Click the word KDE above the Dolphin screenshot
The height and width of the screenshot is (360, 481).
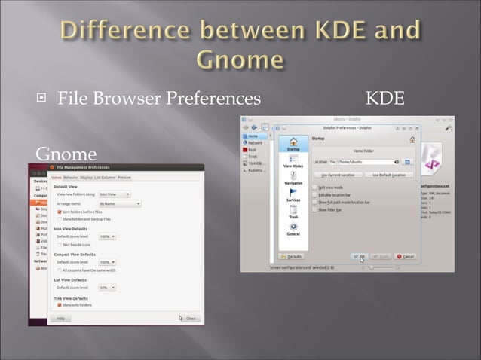[384, 98]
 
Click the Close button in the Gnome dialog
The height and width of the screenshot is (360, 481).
[188, 318]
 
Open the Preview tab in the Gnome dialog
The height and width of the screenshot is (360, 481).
[124, 177]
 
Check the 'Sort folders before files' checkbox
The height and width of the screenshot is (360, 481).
[60, 212]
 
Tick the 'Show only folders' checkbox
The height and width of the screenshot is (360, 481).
[60, 305]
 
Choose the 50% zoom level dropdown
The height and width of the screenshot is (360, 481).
[107, 287]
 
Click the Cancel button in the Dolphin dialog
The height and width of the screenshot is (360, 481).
[405, 256]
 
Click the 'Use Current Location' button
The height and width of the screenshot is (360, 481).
[337, 175]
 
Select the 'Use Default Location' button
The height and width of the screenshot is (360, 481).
[388, 175]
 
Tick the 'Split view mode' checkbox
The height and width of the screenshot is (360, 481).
[314, 188]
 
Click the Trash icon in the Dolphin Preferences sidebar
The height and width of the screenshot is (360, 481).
[293, 212]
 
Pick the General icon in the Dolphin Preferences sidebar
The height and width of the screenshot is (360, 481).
[293, 229]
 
